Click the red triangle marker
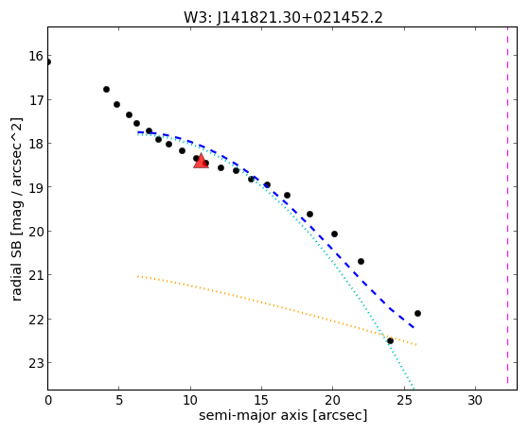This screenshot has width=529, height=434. pyautogui.click(x=201, y=161)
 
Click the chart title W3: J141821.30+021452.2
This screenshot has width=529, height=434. pyautogui.click(x=283, y=18)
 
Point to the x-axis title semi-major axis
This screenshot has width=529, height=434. pyautogui.click(x=253, y=415)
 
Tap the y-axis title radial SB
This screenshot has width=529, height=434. pyautogui.click(x=16, y=267)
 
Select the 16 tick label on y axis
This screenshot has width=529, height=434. pyautogui.click(x=36, y=56)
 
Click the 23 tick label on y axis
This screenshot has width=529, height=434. pyautogui.click(x=36, y=363)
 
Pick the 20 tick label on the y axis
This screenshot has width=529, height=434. pyautogui.click(x=36, y=232)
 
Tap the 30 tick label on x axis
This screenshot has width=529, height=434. pyautogui.click(x=475, y=401)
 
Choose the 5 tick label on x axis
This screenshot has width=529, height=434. pyautogui.click(x=118, y=401)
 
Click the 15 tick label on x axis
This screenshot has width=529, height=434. pyautogui.click(x=261, y=401)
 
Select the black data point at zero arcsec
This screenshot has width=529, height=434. pyautogui.click(x=48, y=62)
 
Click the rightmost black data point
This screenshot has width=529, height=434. pyautogui.click(x=417, y=313)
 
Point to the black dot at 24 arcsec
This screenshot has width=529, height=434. pyautogui.click(x=390, y=341)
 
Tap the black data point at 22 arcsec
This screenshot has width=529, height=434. pyautogui.click(x=361, y=261)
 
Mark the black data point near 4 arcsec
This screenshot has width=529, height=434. pyautogui.click(x=106, y=90)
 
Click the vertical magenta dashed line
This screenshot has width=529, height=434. pyautogui.click(x=507, y=206)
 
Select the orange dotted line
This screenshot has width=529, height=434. pyautogui.click(x=276, y=309)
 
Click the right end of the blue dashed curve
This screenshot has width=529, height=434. pyautogui.click(x=414, y=327)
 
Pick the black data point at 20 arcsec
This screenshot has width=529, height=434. pyautogui.click(x=334, y=234)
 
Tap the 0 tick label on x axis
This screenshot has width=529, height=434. pyautogui.click(x=48, y=401)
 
